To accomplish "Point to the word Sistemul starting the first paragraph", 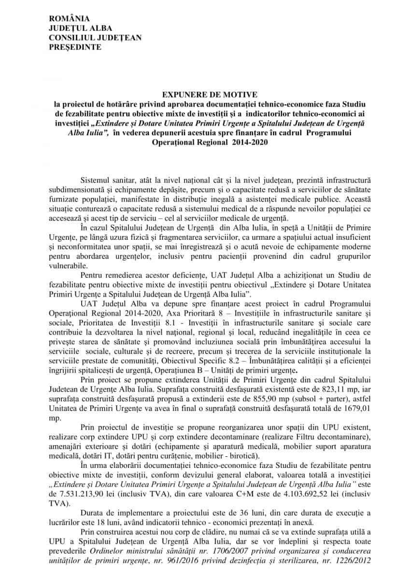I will (x=96, y=180).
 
